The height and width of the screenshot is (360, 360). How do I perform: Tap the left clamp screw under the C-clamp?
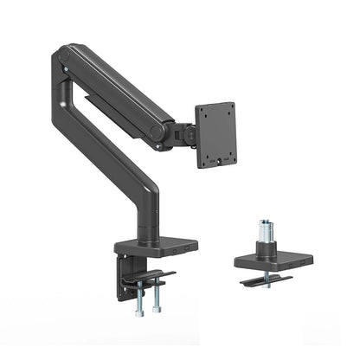point(140,302)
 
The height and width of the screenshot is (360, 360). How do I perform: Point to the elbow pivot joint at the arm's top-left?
point(62,61)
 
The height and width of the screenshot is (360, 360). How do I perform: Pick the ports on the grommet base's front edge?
point(299,260)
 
